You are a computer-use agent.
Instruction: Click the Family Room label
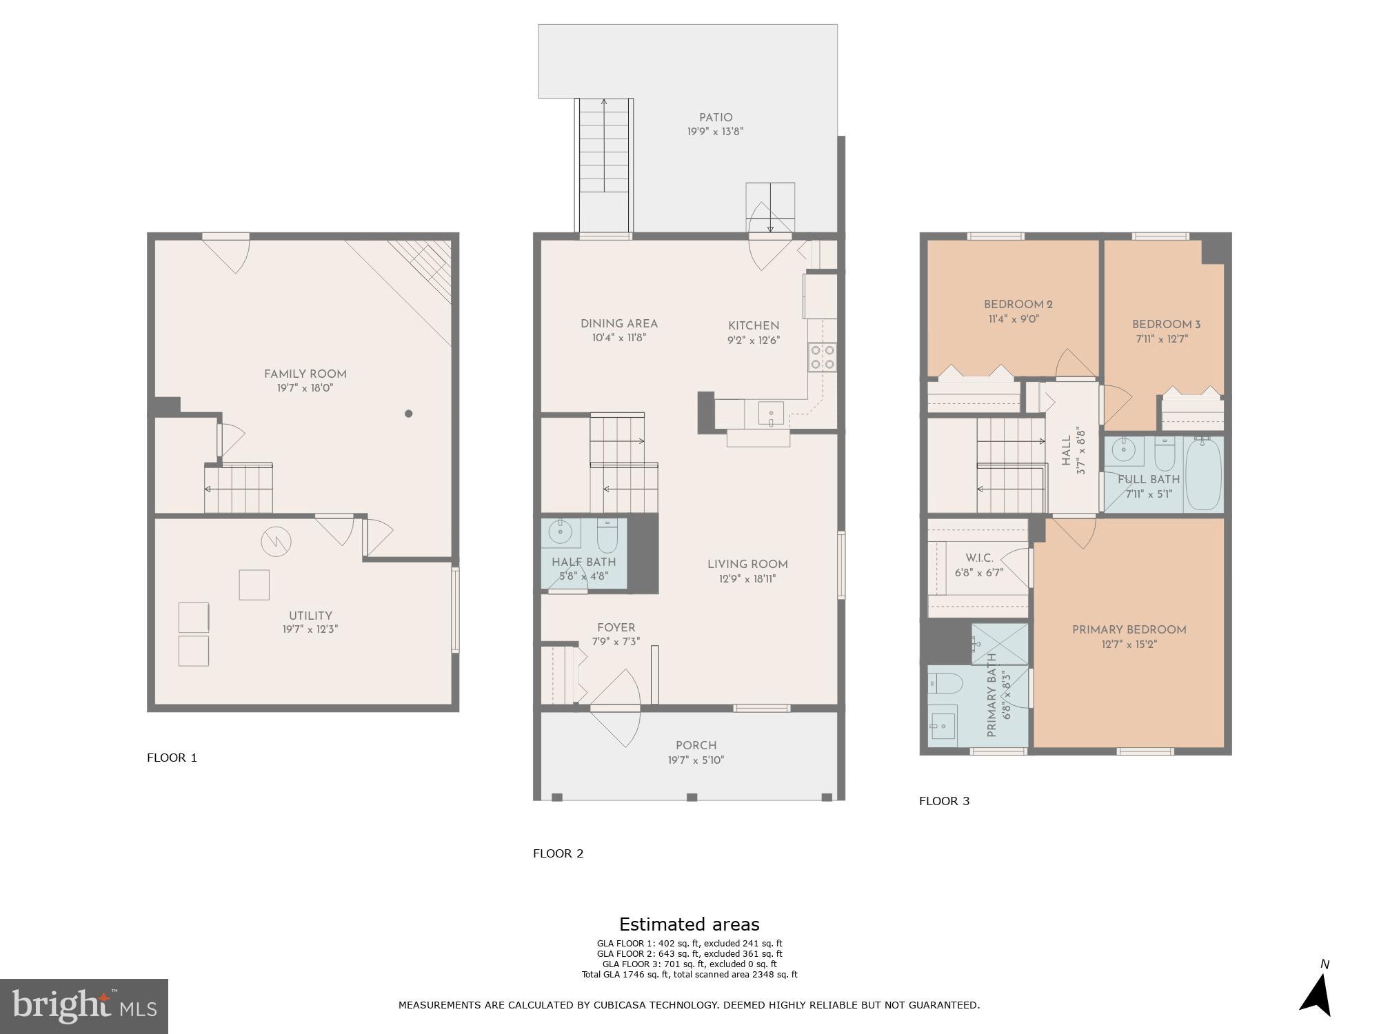[x=305, y=374]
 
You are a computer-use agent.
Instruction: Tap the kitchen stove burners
[x=822, y=357]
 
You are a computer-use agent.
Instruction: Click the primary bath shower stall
[x=1000, y=645]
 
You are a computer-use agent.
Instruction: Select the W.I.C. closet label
[x=979, y=558]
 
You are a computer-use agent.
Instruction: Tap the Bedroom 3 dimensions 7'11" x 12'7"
[x=1162, y=339]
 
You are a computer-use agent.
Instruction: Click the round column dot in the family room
[x=408, y=414]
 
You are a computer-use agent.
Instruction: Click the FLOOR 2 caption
[x=558, y=853]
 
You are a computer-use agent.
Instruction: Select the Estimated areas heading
[x=689, y=924]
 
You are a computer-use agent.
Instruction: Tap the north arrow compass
[x=1317, y=996]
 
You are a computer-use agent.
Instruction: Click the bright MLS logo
[x=84, y=1006]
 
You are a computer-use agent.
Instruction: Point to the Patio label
[x=715, y=118]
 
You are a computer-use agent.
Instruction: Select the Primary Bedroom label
[x=1129, y=629]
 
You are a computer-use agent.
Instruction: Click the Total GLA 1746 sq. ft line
[x=689, y=975]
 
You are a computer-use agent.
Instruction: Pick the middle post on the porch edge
[x=692, y=798]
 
